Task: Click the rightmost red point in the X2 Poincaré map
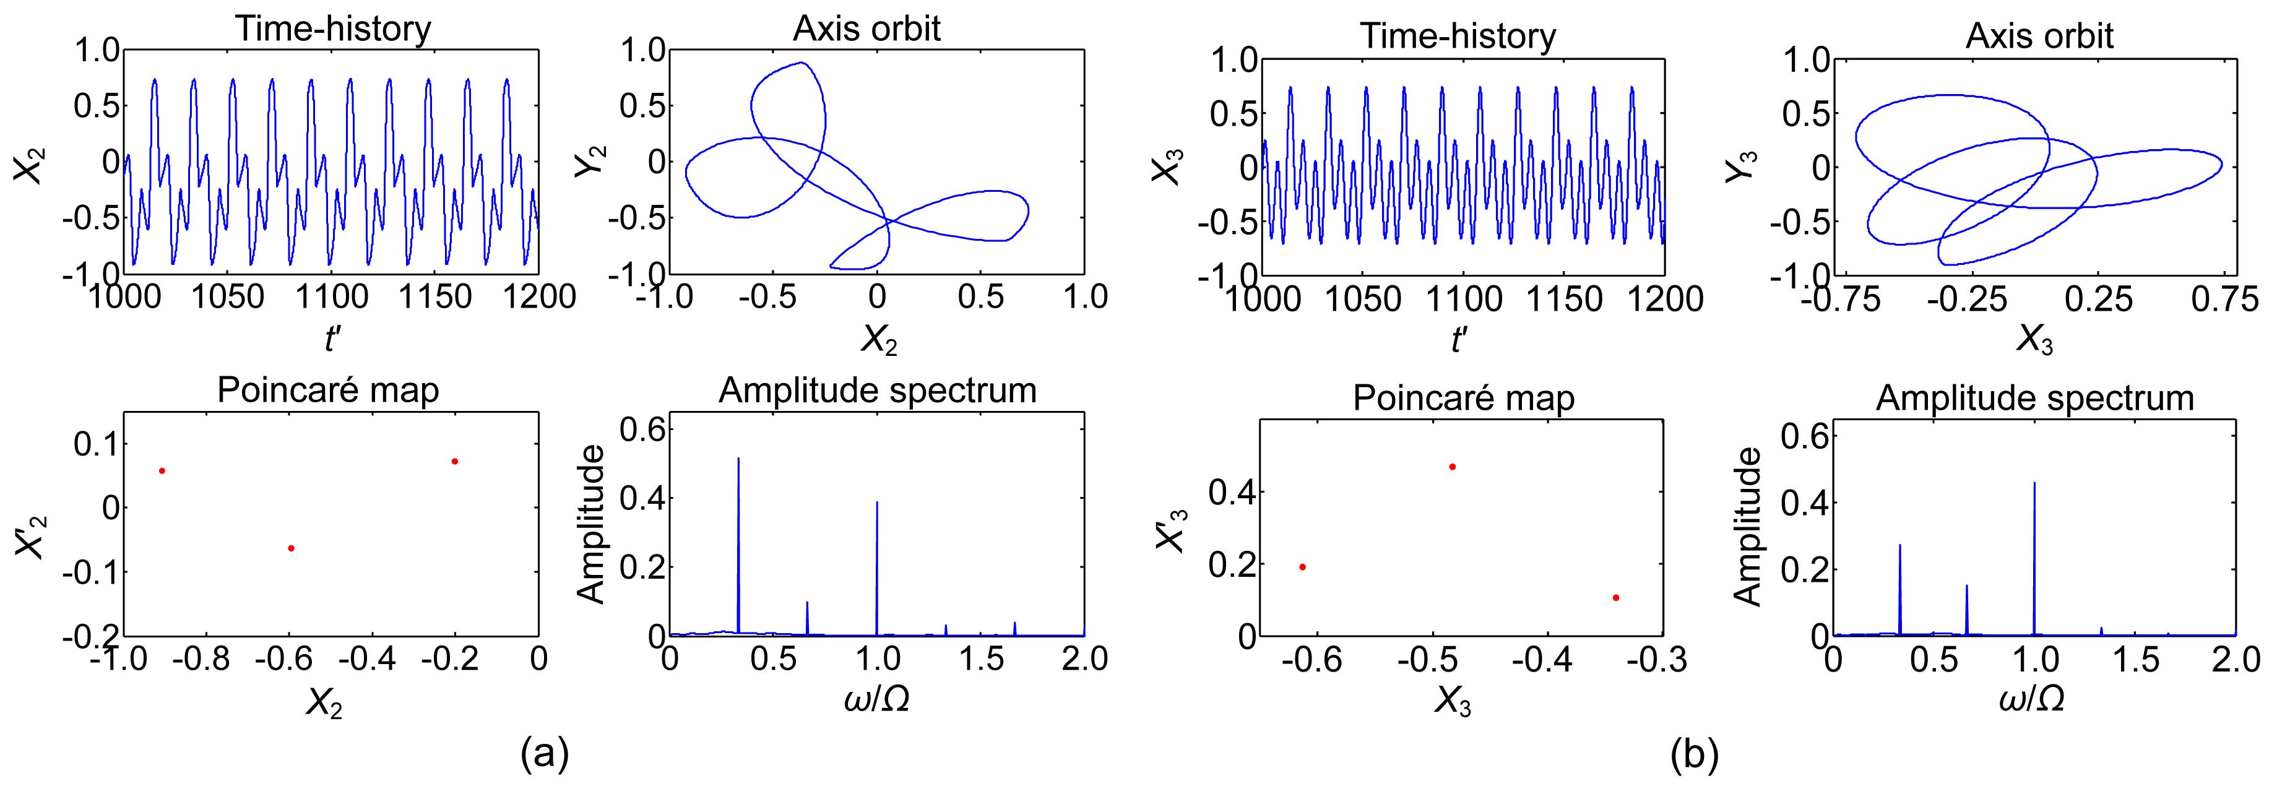pos(454,460)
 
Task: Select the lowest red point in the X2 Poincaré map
pos(291,548)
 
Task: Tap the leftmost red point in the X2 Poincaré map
pos(162,470)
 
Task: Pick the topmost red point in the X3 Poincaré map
pos(1453,466)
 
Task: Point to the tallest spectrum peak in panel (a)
pos(738,458)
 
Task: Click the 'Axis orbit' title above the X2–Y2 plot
pos(867,28)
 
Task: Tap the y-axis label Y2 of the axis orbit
pos(589,155)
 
